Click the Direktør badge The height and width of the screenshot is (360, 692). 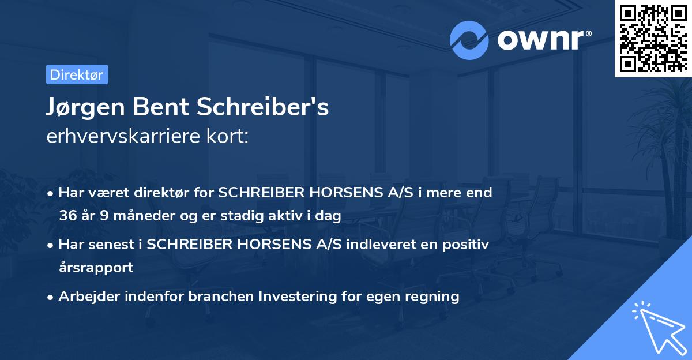77,74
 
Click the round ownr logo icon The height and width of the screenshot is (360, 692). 469,40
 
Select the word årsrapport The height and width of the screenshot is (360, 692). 96,267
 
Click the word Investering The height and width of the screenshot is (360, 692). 294,297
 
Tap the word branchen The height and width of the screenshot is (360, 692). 220,297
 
